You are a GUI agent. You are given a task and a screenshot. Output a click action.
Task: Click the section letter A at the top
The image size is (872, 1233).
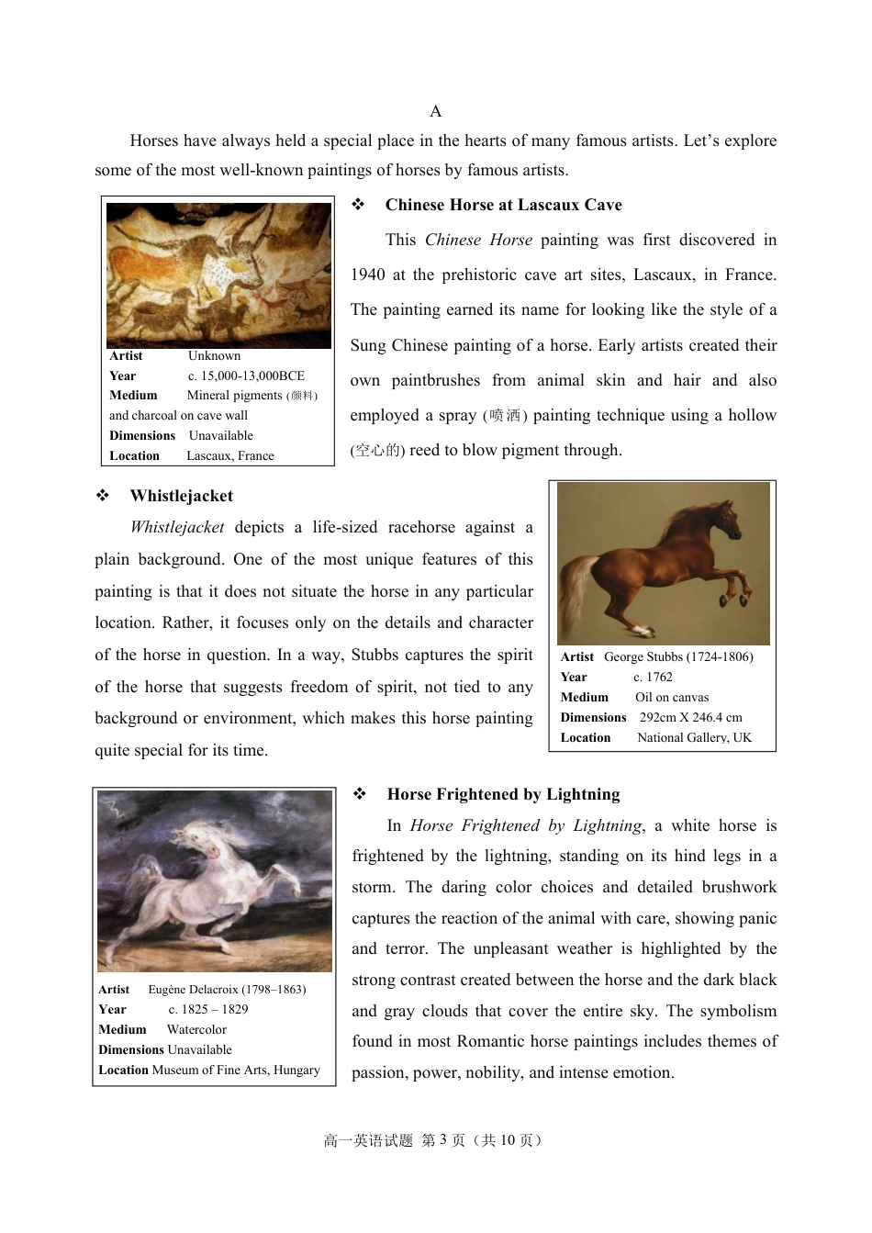click(435, 111)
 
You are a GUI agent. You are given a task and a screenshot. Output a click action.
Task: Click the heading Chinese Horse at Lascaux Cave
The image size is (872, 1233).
click(503, 205)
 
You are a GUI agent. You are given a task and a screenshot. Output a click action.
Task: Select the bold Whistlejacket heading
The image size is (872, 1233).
click(181, 496)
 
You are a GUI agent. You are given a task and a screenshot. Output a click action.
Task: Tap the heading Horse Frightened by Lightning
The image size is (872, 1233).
click(503, 794)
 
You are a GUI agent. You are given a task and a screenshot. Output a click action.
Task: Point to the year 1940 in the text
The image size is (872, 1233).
click(367, 275)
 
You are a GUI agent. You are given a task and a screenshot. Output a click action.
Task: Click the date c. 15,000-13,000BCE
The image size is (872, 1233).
click(246, 376)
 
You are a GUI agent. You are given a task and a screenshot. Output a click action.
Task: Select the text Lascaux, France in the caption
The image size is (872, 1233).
click(229, 455)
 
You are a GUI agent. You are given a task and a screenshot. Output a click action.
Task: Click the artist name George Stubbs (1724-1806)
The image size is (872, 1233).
click(678, 656)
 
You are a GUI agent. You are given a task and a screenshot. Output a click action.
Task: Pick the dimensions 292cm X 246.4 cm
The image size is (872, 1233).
click(690, 717)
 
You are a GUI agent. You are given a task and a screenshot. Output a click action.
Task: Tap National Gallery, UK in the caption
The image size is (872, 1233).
click(694, 737)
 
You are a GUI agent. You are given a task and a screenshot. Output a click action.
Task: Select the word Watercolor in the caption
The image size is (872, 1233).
click(196, 1029)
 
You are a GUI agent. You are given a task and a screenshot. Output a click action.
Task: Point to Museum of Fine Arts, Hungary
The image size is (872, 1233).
click(236, 1070)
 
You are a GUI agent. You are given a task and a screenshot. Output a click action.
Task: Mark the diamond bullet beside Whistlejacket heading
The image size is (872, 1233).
click(103, 496)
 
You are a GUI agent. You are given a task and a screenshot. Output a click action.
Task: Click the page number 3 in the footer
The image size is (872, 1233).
click(443, 1139)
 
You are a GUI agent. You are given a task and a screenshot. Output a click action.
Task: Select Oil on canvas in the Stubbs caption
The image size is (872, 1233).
click(672, 697)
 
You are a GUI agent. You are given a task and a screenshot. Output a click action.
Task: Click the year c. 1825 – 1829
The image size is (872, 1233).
click(207, 1009)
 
